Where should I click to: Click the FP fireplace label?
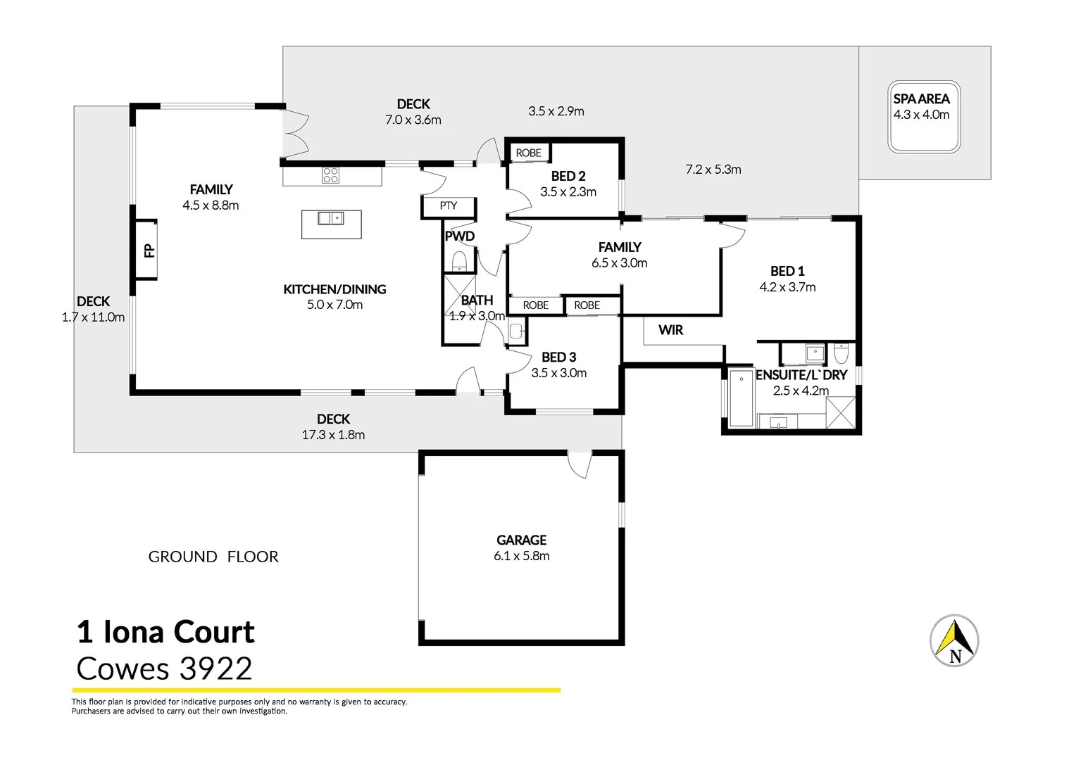tap(149, 250)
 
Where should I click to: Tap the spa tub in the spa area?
tap(924, 117)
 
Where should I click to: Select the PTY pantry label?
tap(449, 205)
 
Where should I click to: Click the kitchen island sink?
tap(330, 218)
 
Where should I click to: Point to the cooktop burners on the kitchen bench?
tap(330, 175)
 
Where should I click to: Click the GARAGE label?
tap(521, 540)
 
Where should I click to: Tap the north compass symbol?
tap(954, 640)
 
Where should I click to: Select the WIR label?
tap(670, 329)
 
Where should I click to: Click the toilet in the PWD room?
tap(459, 261)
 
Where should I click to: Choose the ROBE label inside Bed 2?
tap(528, 153)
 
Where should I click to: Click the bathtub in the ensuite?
tap(741, 398)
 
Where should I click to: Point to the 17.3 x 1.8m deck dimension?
tap(333, 435)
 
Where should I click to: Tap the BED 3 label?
tap(558, 357)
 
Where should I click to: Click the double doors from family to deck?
tap(296, 133)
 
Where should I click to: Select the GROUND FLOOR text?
tap(213, 557)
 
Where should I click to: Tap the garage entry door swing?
tap(579, 464)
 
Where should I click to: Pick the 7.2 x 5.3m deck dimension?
tap(713, 170)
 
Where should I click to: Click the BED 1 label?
tap(787, 271)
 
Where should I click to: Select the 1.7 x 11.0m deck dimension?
tap(93, 317)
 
